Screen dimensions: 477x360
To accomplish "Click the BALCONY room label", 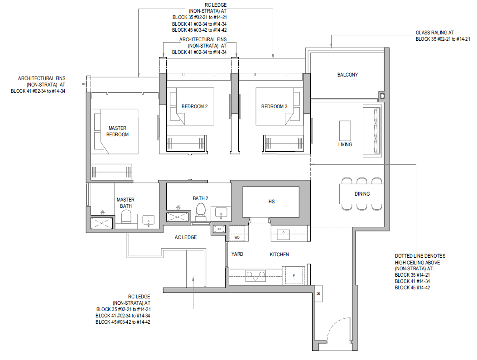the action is pos(347,75).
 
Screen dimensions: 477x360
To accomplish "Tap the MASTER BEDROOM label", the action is pos(117,131).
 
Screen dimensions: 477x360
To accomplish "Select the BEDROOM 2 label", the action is pos(194,106).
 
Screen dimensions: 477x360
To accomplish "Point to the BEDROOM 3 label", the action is pos(274,106).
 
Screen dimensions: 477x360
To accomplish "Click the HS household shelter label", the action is pos(271,202).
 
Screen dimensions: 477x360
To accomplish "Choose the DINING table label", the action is pos(362,194).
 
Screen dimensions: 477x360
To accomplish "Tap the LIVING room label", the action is pos(345,144).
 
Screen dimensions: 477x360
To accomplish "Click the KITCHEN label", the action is pos(279,254).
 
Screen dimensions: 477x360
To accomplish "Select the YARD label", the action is pos(237,254).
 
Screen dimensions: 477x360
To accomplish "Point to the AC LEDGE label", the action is pos(186,237).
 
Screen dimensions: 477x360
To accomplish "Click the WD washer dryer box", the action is pos(237,237).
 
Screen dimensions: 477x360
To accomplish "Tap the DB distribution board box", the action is pos(318,293).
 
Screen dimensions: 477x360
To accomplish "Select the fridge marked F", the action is pos(294,275).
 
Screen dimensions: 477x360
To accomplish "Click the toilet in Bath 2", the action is pos(201,211).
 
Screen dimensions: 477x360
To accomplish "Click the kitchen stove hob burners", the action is pos(255,276).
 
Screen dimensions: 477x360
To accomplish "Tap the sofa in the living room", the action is pos(372,131).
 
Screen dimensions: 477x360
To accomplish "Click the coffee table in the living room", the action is pos(345,130).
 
